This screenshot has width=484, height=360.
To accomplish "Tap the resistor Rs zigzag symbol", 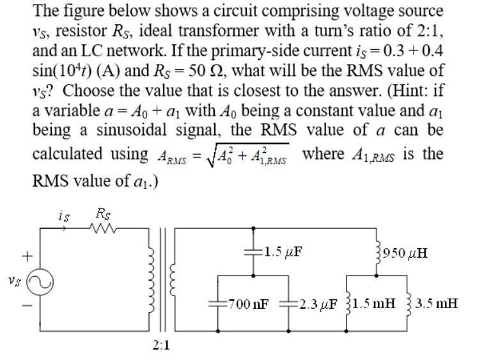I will pyautogui.click(x=104, y=228).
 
